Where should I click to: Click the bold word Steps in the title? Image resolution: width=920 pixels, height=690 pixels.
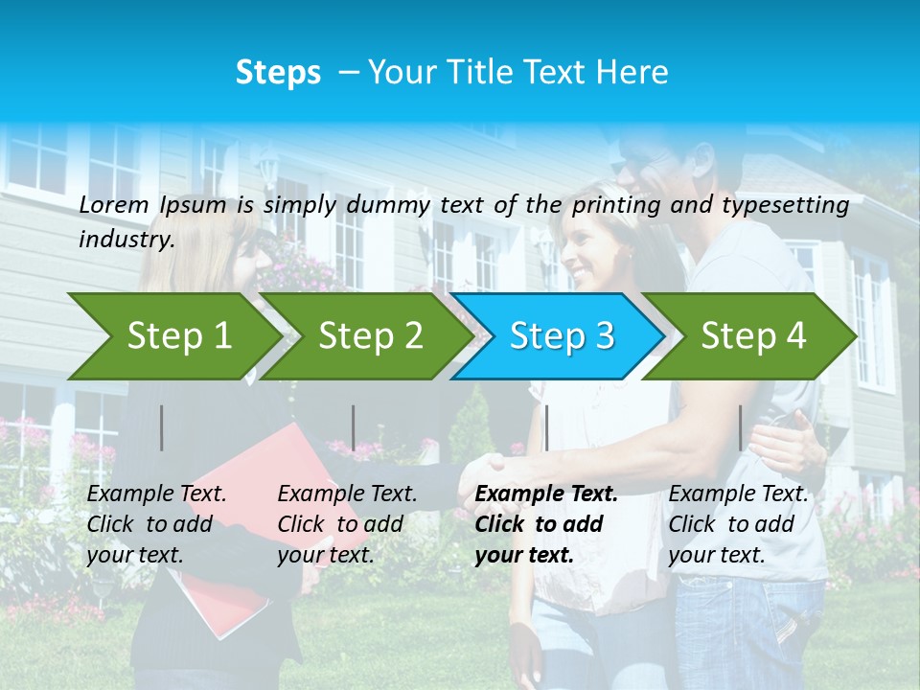point(278,73)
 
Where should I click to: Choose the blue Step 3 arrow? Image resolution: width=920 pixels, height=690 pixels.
point(562,335)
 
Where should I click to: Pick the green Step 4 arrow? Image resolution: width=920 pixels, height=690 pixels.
point(753,335)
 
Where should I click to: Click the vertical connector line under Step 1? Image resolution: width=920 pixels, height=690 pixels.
point(162,427)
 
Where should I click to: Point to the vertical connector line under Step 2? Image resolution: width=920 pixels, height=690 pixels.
point(354,427)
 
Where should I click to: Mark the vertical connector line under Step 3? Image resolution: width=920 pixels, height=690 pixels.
point(546,427)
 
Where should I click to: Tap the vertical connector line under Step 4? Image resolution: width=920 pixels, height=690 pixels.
point(740,427)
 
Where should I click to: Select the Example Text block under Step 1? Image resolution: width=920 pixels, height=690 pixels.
point(156,524)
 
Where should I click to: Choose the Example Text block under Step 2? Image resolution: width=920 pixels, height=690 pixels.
point(347,524)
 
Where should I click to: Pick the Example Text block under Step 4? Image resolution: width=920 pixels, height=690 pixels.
point(738,524)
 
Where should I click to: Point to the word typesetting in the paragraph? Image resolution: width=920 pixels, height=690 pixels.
point(785,205)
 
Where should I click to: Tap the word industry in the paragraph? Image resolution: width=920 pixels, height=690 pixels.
point(126,239)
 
